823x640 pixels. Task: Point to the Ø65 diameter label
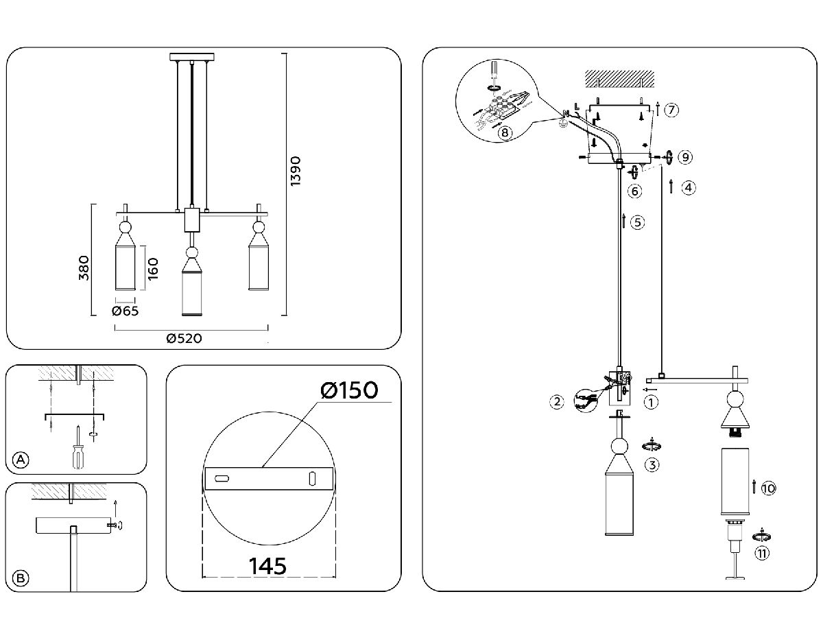[x=126, y=311]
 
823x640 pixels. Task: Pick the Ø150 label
[x=348, y=390]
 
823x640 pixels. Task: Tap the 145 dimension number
[x=267, y=567]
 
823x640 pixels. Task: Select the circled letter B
[x=22, y=578]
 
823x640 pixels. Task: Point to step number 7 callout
[x=671, y=110]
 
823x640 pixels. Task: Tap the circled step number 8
[x=505, y=132]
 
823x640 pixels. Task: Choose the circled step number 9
[x=684, y=157]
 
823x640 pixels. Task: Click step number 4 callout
[x=689, y=187]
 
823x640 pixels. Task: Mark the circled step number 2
[x=558, y=401]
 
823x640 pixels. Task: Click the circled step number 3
[x=652, y=464]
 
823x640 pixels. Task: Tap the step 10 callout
[x=768, y=488]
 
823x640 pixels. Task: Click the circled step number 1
[x=652, y=403]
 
